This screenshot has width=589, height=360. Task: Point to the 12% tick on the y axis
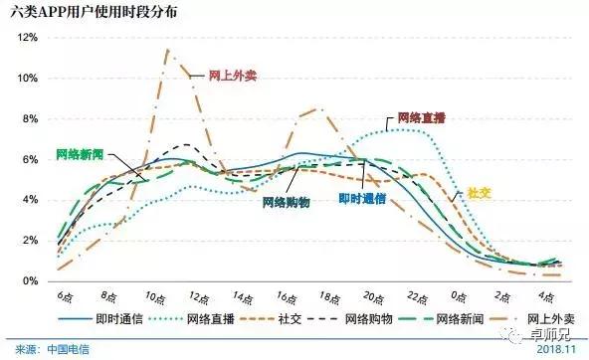point(28,37)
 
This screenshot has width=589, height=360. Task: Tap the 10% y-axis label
point(28,78)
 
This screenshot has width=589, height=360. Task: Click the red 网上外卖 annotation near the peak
point(232,76)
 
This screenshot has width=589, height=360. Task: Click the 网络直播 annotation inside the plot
point(422,116)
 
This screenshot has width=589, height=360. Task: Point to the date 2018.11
point(560,349)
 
